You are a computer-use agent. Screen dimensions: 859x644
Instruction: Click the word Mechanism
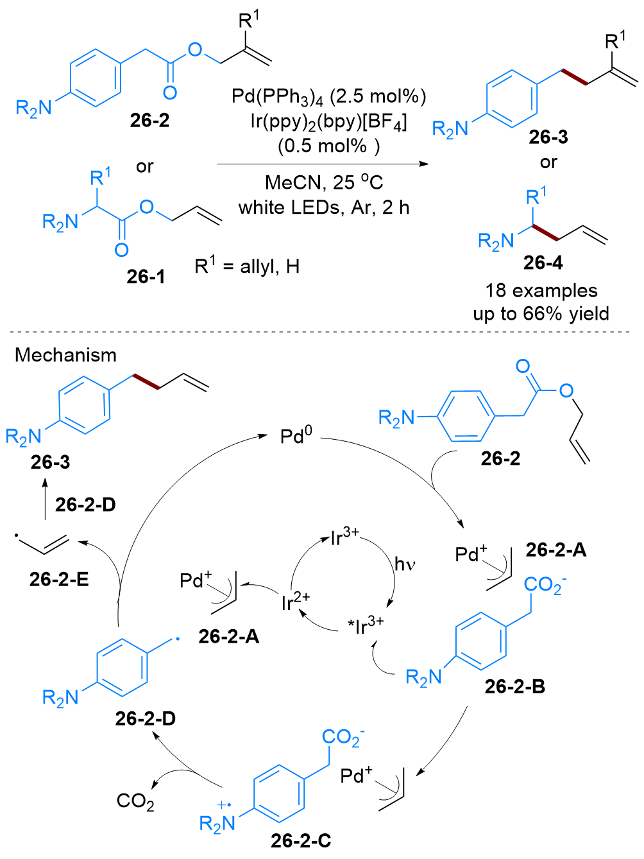(65, 355)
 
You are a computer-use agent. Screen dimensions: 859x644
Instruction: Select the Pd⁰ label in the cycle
(296, 437)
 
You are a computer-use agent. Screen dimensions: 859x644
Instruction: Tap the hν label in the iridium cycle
(405, 564)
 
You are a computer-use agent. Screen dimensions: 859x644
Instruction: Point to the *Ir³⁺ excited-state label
(365, 624)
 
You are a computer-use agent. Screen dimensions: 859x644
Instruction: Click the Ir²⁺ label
(295, 602)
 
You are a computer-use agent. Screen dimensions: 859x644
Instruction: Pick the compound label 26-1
(146, 276)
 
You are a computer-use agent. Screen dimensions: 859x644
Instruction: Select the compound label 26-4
(543, 263)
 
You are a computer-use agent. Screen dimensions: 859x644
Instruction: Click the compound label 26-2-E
(59, 579)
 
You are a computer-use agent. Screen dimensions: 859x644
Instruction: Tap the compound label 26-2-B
(514, 686)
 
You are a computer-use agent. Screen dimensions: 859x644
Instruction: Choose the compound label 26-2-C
(301, 840)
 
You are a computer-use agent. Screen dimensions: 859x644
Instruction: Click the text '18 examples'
(541, 291)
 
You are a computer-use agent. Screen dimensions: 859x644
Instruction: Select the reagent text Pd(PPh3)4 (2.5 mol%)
(328, 97)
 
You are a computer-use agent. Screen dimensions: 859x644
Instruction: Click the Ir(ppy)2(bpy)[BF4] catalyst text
(328, 121)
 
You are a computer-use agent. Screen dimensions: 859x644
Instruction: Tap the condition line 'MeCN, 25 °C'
(324, 183)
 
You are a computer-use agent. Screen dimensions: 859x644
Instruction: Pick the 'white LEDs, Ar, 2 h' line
(324, 207)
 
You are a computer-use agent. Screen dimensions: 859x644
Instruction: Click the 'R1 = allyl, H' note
(247, 265)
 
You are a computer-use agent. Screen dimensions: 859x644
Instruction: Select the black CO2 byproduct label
(135, 801)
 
